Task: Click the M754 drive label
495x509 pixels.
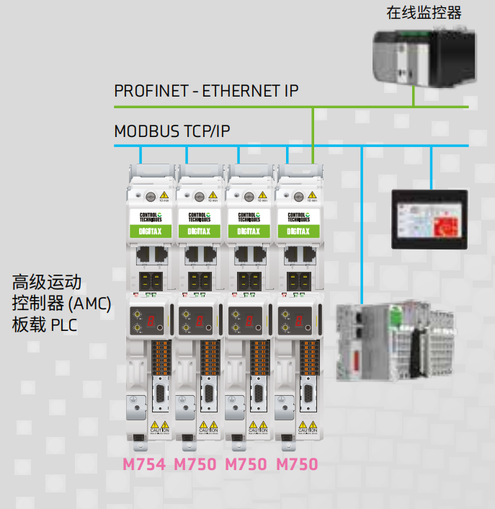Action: tap(144, 464)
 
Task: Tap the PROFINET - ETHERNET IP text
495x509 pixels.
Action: tap(206, 91)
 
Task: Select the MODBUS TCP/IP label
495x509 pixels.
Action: tap(172, 131)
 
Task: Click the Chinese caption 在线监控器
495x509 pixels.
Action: tap(424, 13)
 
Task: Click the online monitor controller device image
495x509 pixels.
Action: tap(424, 58)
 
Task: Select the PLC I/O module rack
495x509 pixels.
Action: tap(396, 342)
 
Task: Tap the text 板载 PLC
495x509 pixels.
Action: tap(45, 325)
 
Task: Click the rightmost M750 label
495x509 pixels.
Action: tap(297, 464)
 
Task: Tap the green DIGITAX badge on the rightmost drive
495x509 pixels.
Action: tap(296, 231)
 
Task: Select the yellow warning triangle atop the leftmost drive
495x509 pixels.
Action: tap(165, 195)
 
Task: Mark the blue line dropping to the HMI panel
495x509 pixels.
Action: tap(430, 166)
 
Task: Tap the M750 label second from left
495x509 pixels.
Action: tap(195, 464)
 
